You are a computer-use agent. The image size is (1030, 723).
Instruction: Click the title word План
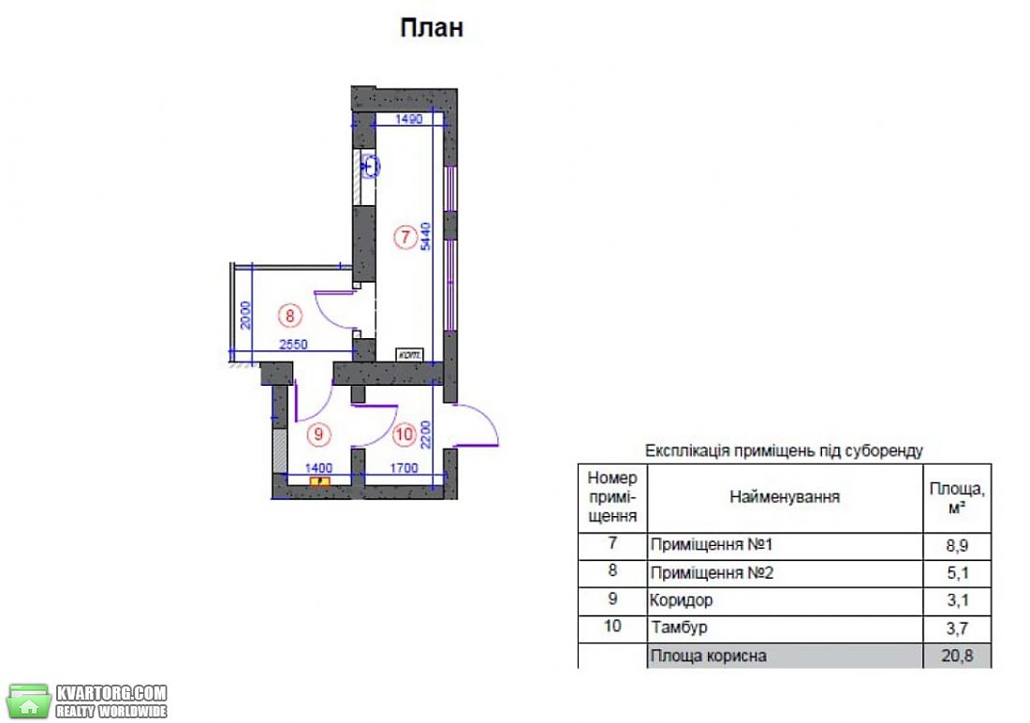[432, 27]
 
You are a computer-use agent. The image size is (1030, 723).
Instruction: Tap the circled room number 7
[405, 237]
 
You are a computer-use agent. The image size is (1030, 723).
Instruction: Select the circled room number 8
[289, 316]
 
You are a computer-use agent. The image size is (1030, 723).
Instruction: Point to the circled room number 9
[318, 434]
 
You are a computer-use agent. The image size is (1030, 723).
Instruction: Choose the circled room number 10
[404, 434]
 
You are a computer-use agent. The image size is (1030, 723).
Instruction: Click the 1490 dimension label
[408, 119]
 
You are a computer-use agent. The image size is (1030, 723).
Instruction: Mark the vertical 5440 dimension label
[426, 237]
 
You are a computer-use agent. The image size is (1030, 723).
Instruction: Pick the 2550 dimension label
[293, 344]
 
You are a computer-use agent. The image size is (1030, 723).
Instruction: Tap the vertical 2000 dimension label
[245, 315]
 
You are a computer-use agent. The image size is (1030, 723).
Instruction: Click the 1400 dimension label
[318, 468]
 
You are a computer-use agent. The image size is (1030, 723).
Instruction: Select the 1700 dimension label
[404, 468]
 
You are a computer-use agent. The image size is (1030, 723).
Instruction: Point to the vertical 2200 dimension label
[426, 435]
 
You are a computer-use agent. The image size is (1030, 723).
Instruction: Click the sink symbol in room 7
[371, 167]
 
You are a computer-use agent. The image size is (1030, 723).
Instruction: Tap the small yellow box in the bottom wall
[320, 481]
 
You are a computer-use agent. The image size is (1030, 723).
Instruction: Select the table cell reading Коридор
[681, 600]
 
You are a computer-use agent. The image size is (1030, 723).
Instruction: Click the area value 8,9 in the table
[957, 546]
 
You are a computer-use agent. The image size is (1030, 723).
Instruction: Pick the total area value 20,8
[957, 656]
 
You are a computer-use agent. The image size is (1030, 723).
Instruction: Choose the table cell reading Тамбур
[679, 627]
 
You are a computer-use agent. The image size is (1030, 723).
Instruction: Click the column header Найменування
[785, 497]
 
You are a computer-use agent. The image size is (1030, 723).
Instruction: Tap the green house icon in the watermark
[28, 701]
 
